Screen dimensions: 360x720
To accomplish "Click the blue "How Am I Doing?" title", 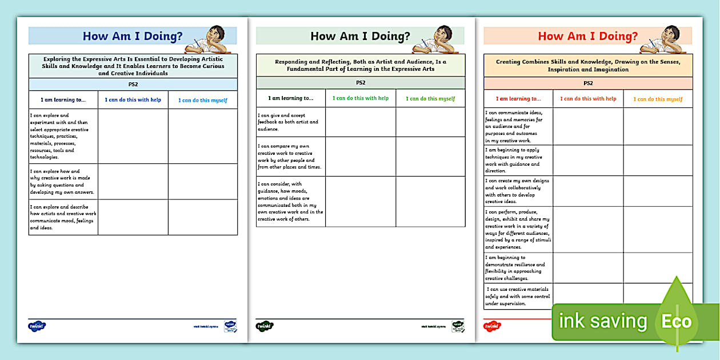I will [133, 37].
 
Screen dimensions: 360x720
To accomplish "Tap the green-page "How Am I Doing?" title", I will [360, 37].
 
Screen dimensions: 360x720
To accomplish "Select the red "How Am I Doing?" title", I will [588, 37].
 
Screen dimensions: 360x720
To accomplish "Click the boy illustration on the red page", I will [663, 39].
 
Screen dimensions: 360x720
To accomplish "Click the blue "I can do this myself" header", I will [203, 100].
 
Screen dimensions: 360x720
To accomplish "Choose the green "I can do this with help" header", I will [361, 98].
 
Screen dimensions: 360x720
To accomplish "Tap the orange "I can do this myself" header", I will [658, 99].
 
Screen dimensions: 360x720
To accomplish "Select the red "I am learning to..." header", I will [518, 99].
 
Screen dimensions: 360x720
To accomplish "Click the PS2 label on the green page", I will [361, 83].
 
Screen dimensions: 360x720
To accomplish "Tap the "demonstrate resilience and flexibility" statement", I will [515, 268].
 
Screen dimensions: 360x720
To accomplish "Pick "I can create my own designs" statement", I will [518, 191].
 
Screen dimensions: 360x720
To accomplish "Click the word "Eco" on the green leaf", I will [677, 321].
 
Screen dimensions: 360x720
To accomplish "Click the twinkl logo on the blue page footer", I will [37, 326].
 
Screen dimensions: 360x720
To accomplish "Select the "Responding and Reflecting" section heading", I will [361, 65].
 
